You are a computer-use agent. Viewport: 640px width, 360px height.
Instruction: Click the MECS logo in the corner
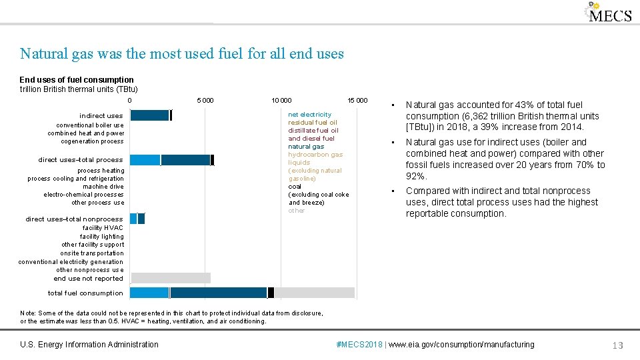click(608, 13)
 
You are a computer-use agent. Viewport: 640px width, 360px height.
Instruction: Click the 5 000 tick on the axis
click(205, 101)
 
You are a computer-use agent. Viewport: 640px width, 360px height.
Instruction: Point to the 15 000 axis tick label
click(357, 101)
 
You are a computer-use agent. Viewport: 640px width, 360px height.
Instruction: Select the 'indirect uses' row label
click(101, 116)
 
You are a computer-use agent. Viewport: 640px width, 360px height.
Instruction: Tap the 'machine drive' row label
click(103, 187)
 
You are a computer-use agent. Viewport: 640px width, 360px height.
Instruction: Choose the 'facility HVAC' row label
click(103, 228)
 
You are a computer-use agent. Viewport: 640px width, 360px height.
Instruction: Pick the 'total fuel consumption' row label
click(85, 293)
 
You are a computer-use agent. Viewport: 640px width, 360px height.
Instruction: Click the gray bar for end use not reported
click(171, 278)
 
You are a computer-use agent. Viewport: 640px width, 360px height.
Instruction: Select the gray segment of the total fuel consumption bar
click(314, 293)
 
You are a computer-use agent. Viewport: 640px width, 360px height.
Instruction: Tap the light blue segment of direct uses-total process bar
click(145, 160)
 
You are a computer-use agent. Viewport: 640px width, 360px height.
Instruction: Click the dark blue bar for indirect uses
click(149, 115)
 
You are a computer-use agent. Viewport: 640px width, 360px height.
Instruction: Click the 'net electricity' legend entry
click(309, 115)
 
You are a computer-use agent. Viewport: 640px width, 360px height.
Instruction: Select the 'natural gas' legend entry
click(306, 147)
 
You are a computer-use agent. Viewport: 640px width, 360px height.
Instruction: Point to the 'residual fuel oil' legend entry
click(313, 123)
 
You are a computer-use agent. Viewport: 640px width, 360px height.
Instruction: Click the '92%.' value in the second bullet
click(417, 176)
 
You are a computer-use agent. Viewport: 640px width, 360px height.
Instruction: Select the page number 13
click(617, 345)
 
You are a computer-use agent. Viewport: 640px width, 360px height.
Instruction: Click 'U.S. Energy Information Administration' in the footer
click(89, 345)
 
